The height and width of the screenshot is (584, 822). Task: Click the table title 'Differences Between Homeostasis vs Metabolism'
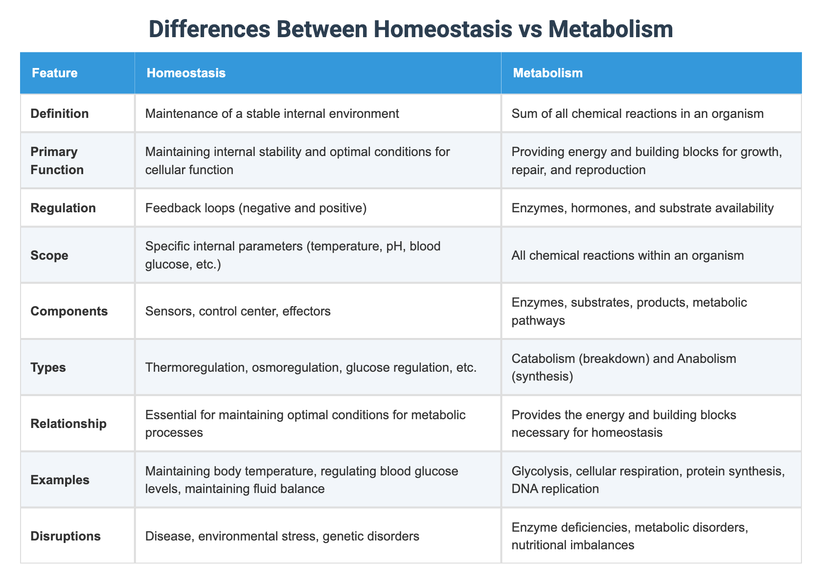411,29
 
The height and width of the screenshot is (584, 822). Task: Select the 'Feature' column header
54,73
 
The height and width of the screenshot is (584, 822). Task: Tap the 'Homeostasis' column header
186,73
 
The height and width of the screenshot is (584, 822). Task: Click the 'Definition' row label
60,114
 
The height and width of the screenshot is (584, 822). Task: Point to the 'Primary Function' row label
54,161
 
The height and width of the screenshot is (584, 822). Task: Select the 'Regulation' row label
63,208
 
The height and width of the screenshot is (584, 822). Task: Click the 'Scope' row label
49,255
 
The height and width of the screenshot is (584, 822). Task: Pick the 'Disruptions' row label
66,536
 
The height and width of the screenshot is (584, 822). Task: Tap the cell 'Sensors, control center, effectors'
238,311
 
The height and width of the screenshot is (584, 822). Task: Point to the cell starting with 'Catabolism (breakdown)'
624,367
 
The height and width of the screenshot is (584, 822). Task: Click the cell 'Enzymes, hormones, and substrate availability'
642,208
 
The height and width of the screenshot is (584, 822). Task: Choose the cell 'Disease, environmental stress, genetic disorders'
282,536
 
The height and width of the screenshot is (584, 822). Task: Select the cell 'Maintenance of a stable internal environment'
272,114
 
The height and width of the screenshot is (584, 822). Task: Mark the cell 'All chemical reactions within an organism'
628,255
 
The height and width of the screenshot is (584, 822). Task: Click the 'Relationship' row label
68,424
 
